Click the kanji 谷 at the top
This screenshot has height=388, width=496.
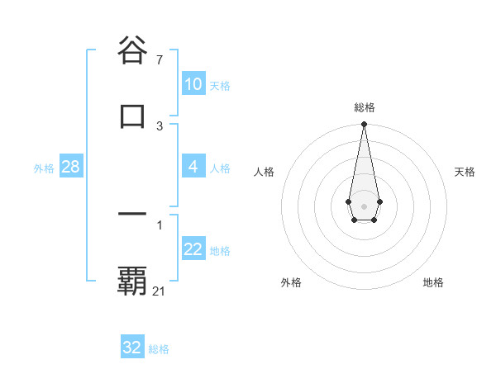coord(132,51)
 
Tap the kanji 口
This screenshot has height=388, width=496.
coord(132,116)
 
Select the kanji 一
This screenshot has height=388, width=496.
coord(132,215)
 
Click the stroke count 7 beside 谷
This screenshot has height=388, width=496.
coord(160,60)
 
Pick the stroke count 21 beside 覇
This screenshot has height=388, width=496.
coord(160,291)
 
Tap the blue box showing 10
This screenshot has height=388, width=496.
coord(193,84)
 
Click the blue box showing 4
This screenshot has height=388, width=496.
coord(193,167)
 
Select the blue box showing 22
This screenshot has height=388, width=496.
coord(193,249)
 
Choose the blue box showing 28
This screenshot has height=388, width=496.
coord(70,167)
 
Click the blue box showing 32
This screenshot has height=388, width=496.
coord(132,348)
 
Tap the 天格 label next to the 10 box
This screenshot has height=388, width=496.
coord(220,86)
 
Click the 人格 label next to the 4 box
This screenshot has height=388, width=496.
coord(220,168)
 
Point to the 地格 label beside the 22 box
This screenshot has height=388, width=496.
coord(220,251)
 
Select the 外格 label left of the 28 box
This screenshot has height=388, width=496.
coord(44,168)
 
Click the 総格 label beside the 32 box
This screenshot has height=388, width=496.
coord(159,349)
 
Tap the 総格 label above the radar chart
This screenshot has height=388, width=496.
coord(364,107)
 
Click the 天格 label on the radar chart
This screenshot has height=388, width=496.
coord(465,172)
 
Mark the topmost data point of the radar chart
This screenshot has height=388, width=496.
coord(364,125)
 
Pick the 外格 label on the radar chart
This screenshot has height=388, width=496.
coord(291,282)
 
